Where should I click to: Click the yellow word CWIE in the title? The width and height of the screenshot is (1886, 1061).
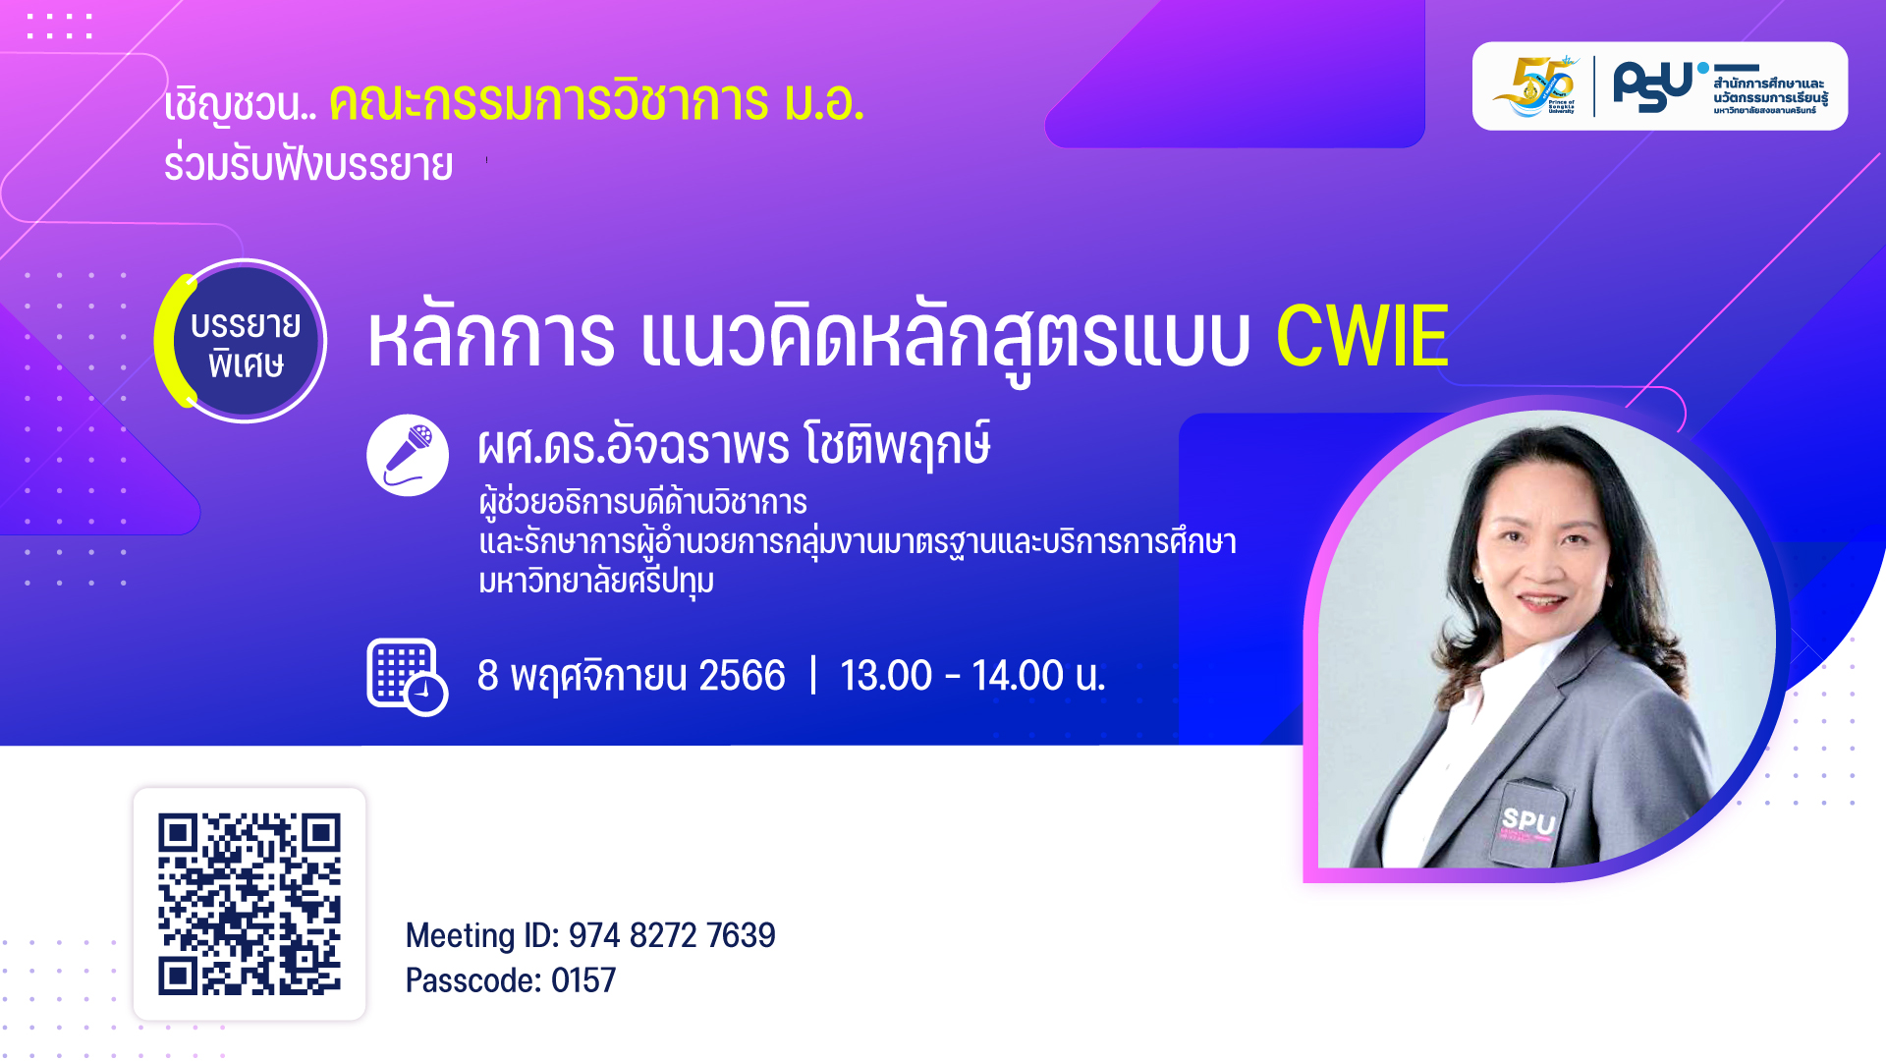tap(1361, 337)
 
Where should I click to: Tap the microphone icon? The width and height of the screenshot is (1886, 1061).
tap(408, 455)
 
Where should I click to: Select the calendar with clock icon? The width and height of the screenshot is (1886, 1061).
tap(406, 676)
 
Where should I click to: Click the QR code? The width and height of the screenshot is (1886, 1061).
tap(250, 904)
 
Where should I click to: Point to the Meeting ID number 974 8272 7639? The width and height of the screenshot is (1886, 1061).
tap(672, 935)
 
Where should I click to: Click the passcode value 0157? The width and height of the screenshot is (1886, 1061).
tap(583, 980)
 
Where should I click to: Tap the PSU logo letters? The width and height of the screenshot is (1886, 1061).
tap(1652, 86)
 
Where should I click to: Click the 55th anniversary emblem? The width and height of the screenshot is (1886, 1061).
tap(1535, 86)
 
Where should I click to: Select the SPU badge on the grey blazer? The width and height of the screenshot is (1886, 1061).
tap(1527, 822)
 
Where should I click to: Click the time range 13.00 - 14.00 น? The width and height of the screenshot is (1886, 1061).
tap(972, 676)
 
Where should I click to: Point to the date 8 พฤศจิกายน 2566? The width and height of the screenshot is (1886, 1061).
tap(631, 676)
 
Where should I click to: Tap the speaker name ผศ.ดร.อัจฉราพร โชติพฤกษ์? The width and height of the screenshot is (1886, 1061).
tap(733, 445)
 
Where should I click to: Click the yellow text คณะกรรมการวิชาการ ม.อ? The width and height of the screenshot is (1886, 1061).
tap(596, 102)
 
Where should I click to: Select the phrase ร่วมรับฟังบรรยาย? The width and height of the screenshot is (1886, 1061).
tap(307, 165)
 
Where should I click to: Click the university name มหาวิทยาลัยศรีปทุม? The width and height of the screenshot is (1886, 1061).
tap(595, 581)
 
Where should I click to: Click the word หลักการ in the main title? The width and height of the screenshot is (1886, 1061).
tap(491, 339)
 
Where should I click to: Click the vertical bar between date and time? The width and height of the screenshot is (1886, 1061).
tap(813, 676)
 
